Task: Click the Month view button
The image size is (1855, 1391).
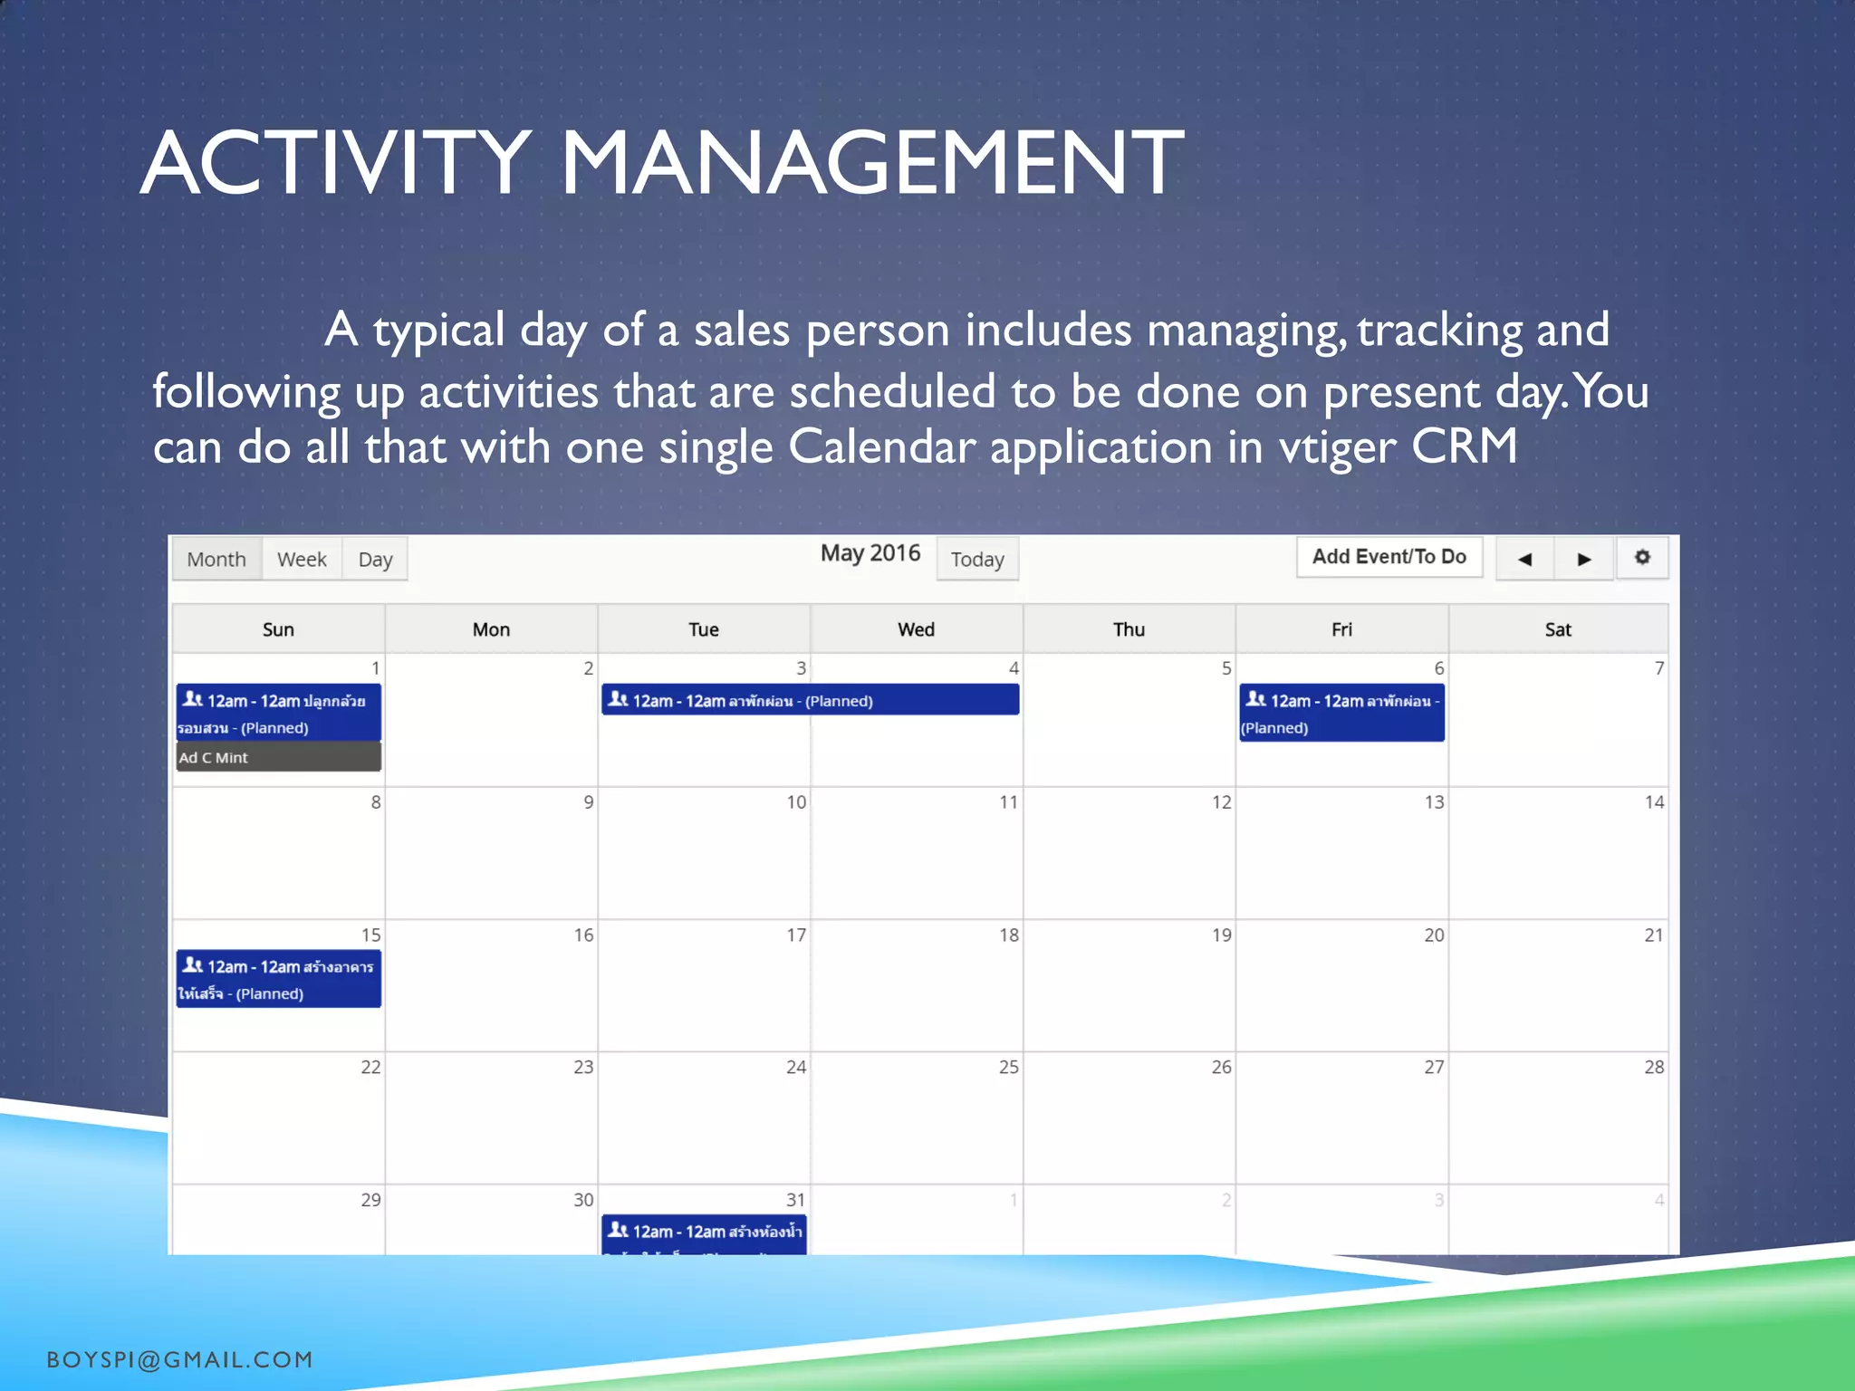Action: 216,559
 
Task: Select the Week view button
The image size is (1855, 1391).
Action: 302,559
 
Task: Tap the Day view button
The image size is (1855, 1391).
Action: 375,559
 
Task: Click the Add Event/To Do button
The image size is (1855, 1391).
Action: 1389,557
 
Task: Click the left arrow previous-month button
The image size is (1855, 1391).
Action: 1524,559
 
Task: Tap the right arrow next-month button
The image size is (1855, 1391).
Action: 1584,559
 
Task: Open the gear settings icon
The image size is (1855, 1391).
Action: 1642,557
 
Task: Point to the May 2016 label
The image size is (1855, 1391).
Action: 870,553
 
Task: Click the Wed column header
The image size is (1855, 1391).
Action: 916,629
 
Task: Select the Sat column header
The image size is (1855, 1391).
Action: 1558,629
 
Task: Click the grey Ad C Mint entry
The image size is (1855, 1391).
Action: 278,757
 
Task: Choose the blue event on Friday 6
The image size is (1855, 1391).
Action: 1341,714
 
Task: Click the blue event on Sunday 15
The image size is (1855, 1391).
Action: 278,979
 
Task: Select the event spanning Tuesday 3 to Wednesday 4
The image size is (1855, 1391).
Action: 810,700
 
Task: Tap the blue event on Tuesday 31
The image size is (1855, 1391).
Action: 704,1234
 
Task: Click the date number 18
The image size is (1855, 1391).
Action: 1008,935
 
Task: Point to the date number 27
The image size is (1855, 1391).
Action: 1433,1067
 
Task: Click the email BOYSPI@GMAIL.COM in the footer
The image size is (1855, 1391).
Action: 179,1359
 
